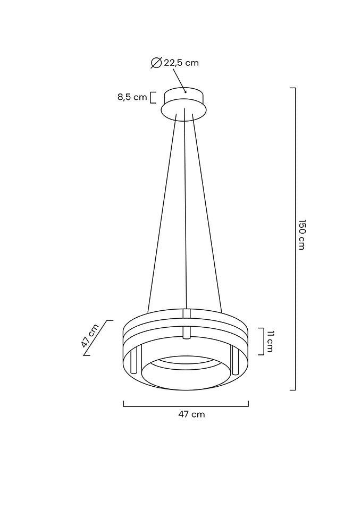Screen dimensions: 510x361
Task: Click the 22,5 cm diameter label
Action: tap(181, 63)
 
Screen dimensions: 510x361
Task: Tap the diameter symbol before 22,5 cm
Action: tap(156, 63)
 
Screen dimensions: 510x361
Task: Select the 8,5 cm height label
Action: tap(132, 97)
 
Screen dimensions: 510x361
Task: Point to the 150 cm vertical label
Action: tap(301, 234)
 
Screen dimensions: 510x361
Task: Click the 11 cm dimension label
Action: tap(270, 341)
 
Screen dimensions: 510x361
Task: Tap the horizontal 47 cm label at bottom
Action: tap(191, 414)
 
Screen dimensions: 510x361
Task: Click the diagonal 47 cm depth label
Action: tap(90, 336)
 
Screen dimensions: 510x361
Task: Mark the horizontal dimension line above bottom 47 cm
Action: tap(186, 406)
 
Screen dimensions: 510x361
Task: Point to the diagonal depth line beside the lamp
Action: tap(99, 338)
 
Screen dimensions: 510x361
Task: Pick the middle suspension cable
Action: tap(185, 212)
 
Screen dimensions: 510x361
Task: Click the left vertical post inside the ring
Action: tap(135, 360)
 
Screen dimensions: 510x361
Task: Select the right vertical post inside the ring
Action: tap(234, 360)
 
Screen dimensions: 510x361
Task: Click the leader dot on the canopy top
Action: tap(185, 91)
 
